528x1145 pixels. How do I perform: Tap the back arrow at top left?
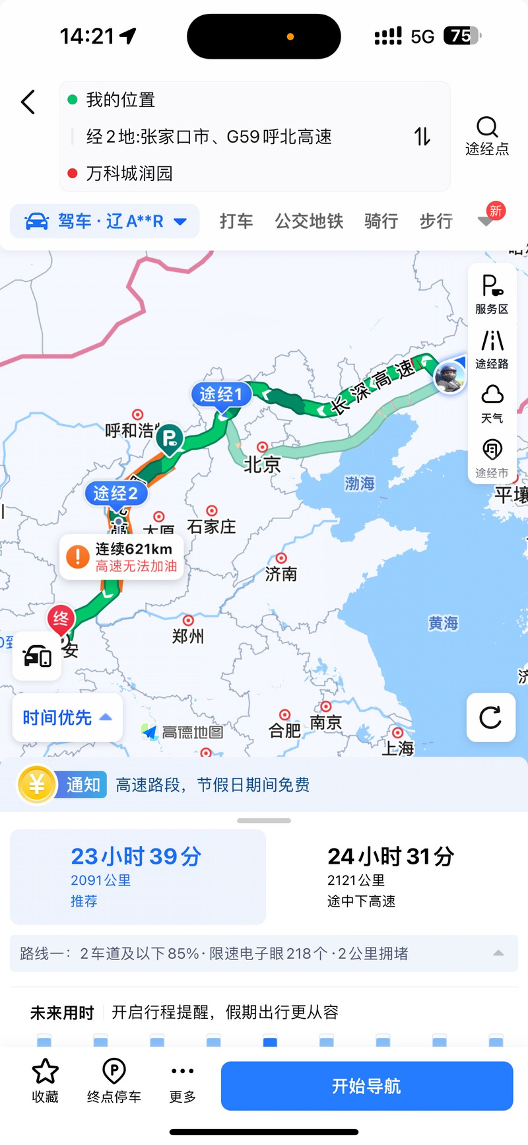[28, 102]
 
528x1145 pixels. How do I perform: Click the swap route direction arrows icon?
[422, 137]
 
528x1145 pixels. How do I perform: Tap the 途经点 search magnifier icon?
[487, 127]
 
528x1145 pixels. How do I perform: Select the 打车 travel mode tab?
[236, 221]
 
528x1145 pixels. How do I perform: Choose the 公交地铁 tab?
[309, 221]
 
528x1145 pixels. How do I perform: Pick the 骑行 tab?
[381, 221]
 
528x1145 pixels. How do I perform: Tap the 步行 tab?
[436, 221]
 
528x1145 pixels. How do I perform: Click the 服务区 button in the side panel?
[492, 294]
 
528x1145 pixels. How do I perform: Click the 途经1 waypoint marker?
[221, 394]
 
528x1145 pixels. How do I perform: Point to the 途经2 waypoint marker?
[115, 493]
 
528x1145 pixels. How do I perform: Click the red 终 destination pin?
[61, 619]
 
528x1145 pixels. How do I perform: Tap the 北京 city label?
[262, 464]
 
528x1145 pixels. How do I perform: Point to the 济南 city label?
[281, 574]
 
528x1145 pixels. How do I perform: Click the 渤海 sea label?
[360, 483]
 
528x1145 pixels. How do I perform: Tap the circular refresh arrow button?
[490, 717]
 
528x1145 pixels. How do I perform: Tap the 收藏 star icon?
[46, 1072]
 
